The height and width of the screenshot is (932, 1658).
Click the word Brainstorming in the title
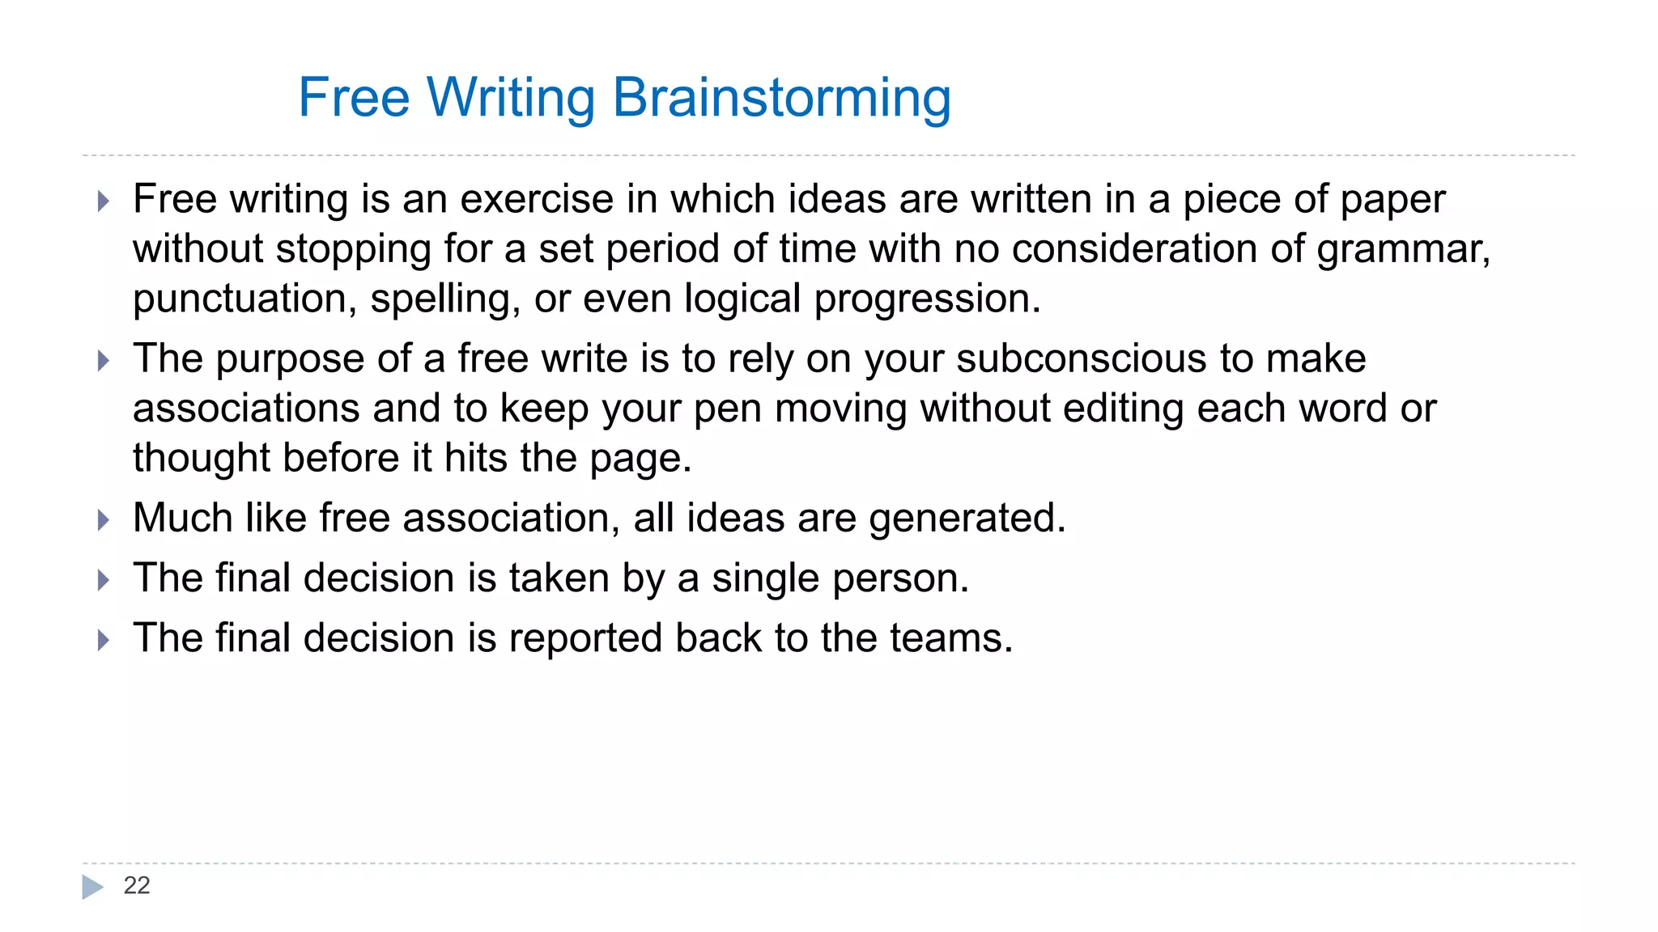(x=781, y=99)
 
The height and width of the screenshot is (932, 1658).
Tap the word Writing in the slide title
(x=511, y=99)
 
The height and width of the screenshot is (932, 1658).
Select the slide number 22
(x=137, y=885)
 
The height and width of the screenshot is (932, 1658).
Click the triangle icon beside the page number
(x=92, y=887)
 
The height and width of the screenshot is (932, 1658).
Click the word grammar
(x=1403, y=249)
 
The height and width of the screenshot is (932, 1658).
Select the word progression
(x=927, y=299)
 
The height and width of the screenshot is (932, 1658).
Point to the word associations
(x=246, y=408)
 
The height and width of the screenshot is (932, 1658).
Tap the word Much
(x=183, y=518)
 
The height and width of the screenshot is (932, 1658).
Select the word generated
(x=967, y=519)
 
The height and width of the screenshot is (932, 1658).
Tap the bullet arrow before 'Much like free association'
(x=103, y=519)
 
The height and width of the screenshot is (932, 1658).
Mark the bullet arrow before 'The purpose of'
(x=103, y=360)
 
